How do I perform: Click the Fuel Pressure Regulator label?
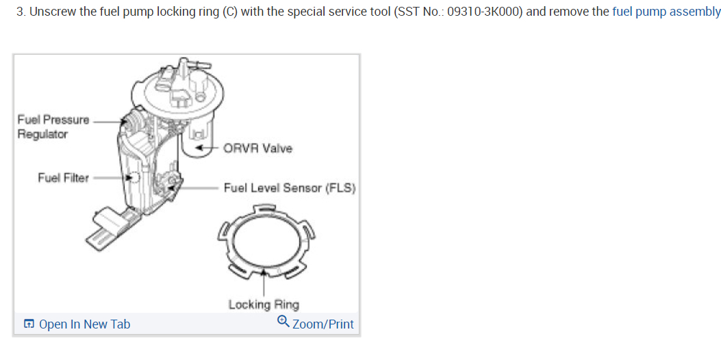click(53, 127)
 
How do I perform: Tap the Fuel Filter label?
click(63, 178)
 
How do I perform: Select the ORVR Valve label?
click(257, 149)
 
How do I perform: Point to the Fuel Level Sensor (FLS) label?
click(289, 188)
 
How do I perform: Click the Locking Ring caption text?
click(264, 305)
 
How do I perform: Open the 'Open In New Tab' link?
click(84, 324)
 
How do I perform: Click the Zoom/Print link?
click(322, 324)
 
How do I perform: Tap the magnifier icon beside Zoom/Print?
click(283, 322)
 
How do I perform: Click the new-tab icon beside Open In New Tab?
click(29, 324)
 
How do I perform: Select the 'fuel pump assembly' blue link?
click(666, 12)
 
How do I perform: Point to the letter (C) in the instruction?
click(229, 12)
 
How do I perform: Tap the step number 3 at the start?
click(20, 12)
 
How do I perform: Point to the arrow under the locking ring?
click(264, 284)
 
